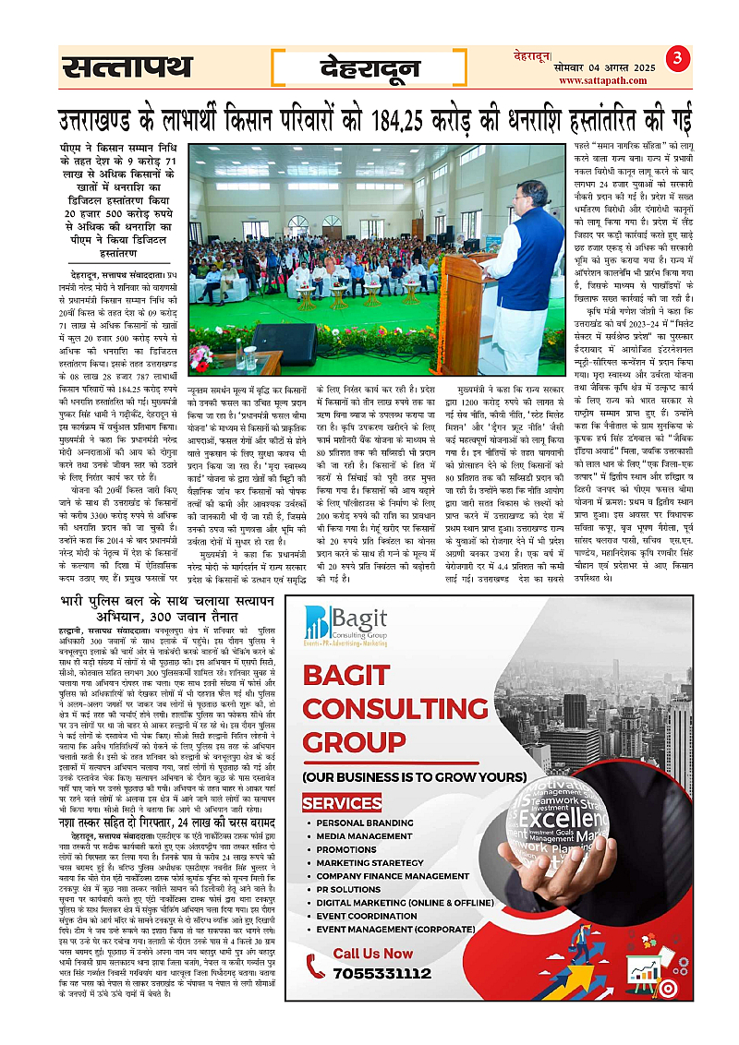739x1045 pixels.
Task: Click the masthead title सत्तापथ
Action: click(127, 67)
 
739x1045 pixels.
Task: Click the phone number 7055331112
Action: click(382, 973)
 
